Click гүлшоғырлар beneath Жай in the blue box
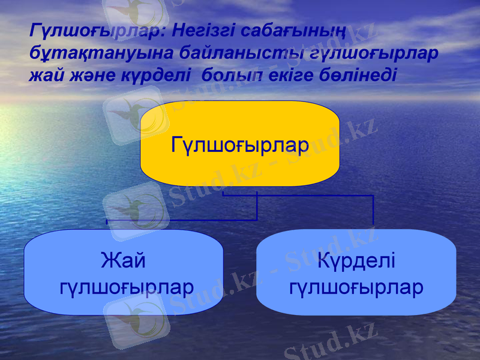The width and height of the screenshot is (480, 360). pos(127,287)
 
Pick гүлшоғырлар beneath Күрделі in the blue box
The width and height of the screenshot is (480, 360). pos(356,287)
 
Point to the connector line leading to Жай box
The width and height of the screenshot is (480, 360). pos(180,220)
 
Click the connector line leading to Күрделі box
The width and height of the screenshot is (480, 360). pos(373,210)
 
